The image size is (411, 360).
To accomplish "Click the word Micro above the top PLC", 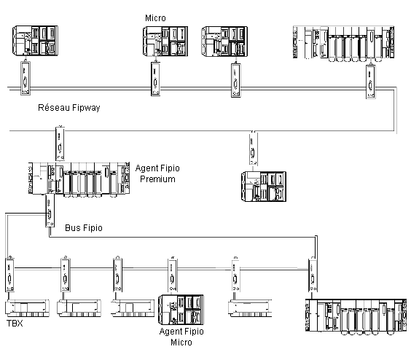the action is pos(155,18).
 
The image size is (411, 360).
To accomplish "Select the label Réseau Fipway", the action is pos(69,108).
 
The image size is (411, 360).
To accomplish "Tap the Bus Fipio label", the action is pos(84,228).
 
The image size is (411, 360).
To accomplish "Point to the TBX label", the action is pos(15,324).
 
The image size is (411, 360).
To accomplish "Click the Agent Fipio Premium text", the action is pos(157,173).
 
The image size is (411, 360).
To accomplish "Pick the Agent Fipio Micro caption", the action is pos(181,337).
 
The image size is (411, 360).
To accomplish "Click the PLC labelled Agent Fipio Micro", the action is pos(181,310).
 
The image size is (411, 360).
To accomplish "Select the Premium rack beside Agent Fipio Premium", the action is pos(79,179).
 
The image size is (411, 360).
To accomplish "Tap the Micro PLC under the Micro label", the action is pos(165,41).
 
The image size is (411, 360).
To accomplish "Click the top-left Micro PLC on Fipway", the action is pos(35,41).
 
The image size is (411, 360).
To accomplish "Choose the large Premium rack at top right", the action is pos(343,44).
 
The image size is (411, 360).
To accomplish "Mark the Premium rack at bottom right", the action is pos(356,317).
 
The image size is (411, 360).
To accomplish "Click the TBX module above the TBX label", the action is pos(27,308).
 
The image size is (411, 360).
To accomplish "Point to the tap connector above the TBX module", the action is pos(9,274).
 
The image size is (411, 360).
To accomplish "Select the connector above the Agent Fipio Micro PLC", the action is pos(173,275).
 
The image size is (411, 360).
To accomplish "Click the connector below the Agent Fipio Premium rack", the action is pos(50,211).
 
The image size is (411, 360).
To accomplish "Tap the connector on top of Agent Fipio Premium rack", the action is pos(60,144).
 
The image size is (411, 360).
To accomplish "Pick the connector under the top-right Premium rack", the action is pos(371,82).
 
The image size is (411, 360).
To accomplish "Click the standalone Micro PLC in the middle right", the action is pos(264,187).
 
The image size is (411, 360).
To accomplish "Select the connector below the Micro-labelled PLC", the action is pos(155,79).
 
